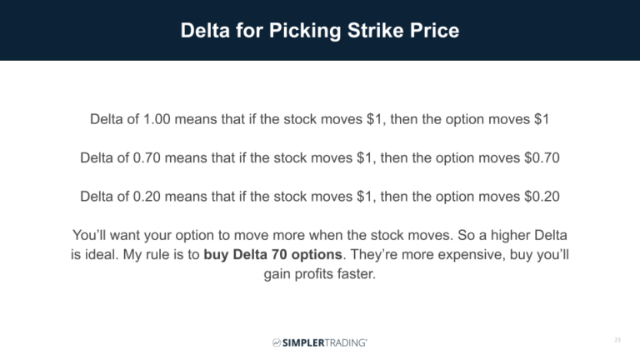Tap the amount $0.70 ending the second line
coord(539,157)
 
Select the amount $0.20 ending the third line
coord(539,197)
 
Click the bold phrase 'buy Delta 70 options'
coord(274,253)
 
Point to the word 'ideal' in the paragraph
coord(104,253)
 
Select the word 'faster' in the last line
coord(356,272)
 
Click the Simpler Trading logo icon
coord(276,342)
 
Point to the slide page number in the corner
coord(617,341)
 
